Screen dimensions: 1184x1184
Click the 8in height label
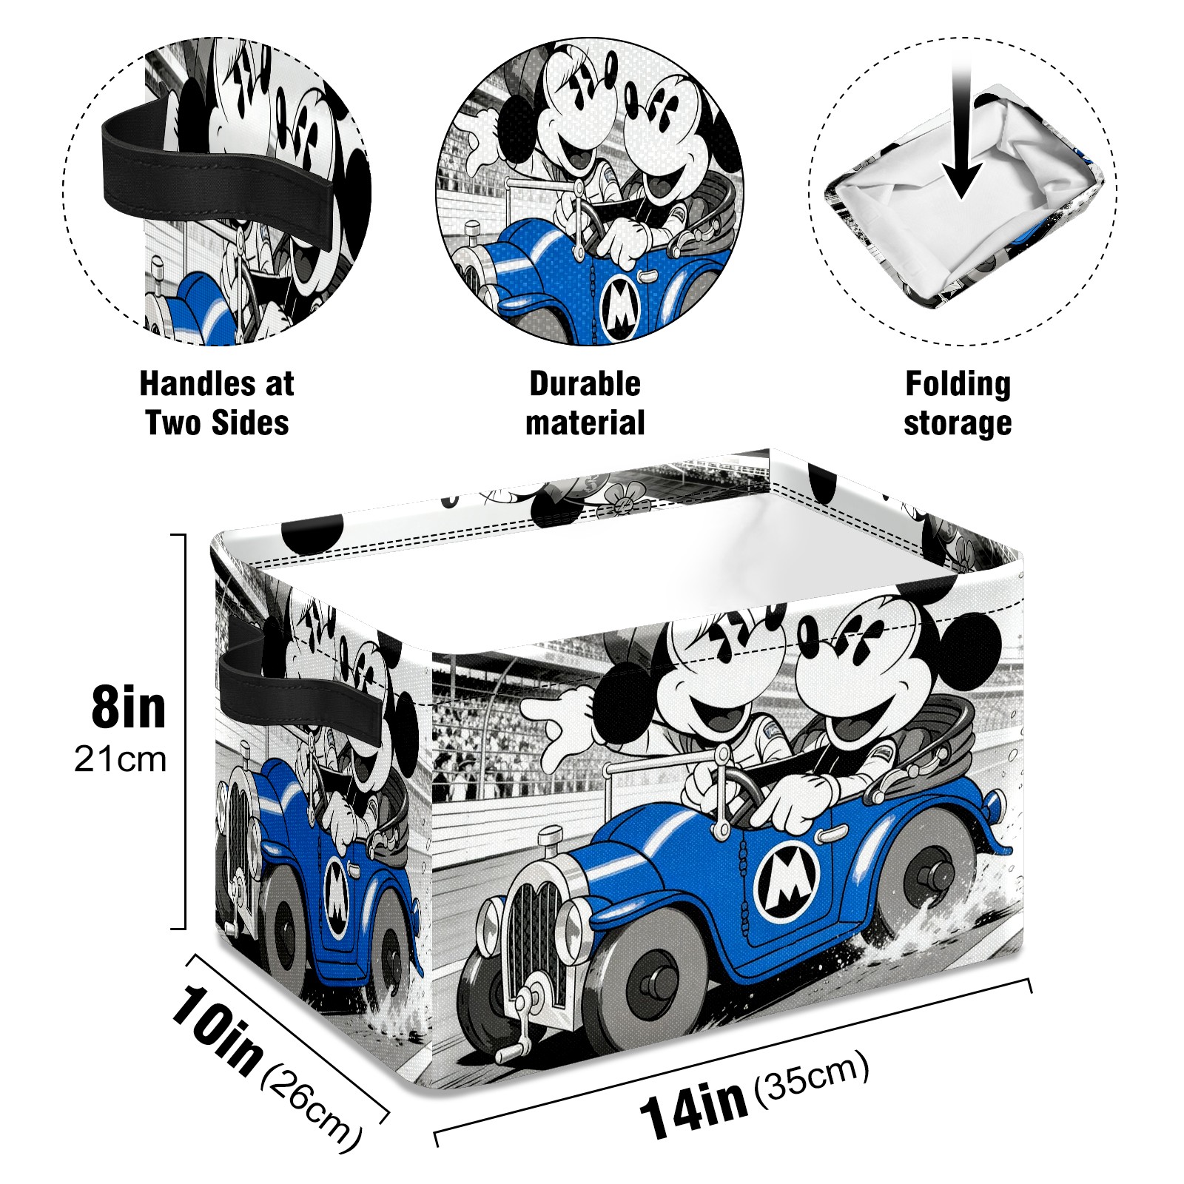click(x=129, y=707)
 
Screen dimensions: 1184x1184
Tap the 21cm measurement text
click(x=120, y=759)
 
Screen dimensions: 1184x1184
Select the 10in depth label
click(x=215, y=1029)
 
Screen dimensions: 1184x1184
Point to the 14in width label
click(x=693, y=1106)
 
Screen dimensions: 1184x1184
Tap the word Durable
click(x=585, y=384)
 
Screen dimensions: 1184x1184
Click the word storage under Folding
click(x=958, y=424)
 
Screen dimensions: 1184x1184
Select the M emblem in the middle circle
click(x=619, y=309)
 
